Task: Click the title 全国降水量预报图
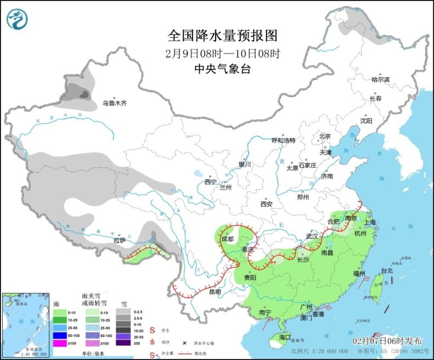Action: tap(222, 36)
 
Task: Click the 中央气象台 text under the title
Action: tap(222, 69)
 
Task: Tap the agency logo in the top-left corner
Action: tap(17, 19)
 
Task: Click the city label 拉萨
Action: tap(120, 240)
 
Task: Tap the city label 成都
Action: tap(228, 239)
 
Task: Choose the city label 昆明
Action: tap(216, 292)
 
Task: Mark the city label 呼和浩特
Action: tap(284, 140)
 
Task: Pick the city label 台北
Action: tap(387, 271)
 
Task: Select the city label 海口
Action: tap(284, 336)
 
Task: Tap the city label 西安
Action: tap(267, 204)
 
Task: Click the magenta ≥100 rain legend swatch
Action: tap(58, 344)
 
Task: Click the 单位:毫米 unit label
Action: tap(94, 353)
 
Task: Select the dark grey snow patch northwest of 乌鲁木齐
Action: tap(84, 94)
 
